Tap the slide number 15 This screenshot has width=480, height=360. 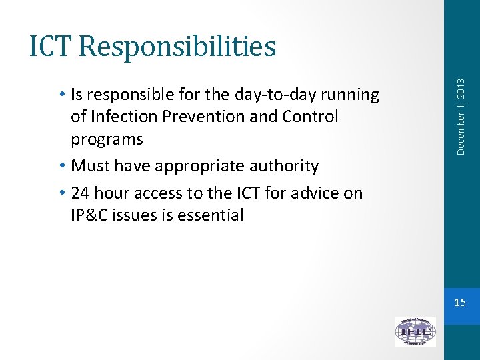click(460, 303)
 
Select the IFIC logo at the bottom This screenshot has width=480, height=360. click(415, 331)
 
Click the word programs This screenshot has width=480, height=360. click(107, 139)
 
